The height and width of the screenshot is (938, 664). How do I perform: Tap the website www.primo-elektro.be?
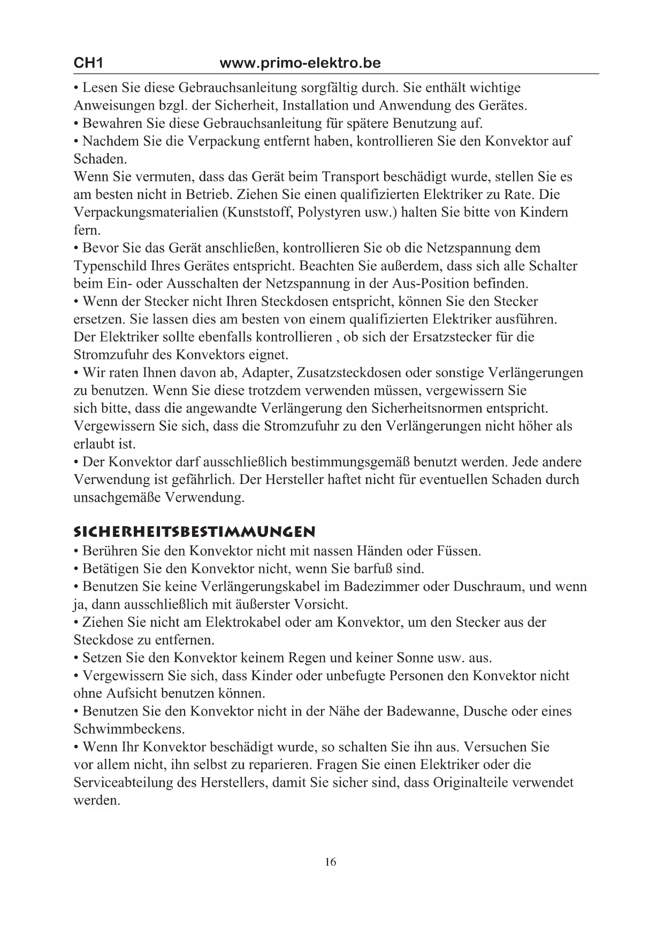click(300, 63)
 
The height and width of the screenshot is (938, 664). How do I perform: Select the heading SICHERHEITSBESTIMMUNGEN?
click(194, 532)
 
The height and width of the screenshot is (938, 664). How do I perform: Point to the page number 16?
click(331, 862)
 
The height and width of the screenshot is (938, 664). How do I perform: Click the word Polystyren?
click(329, 212)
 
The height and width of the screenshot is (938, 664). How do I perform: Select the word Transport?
click(350, 176)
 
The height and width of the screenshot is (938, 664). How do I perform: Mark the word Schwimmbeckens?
click(129, 729)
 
